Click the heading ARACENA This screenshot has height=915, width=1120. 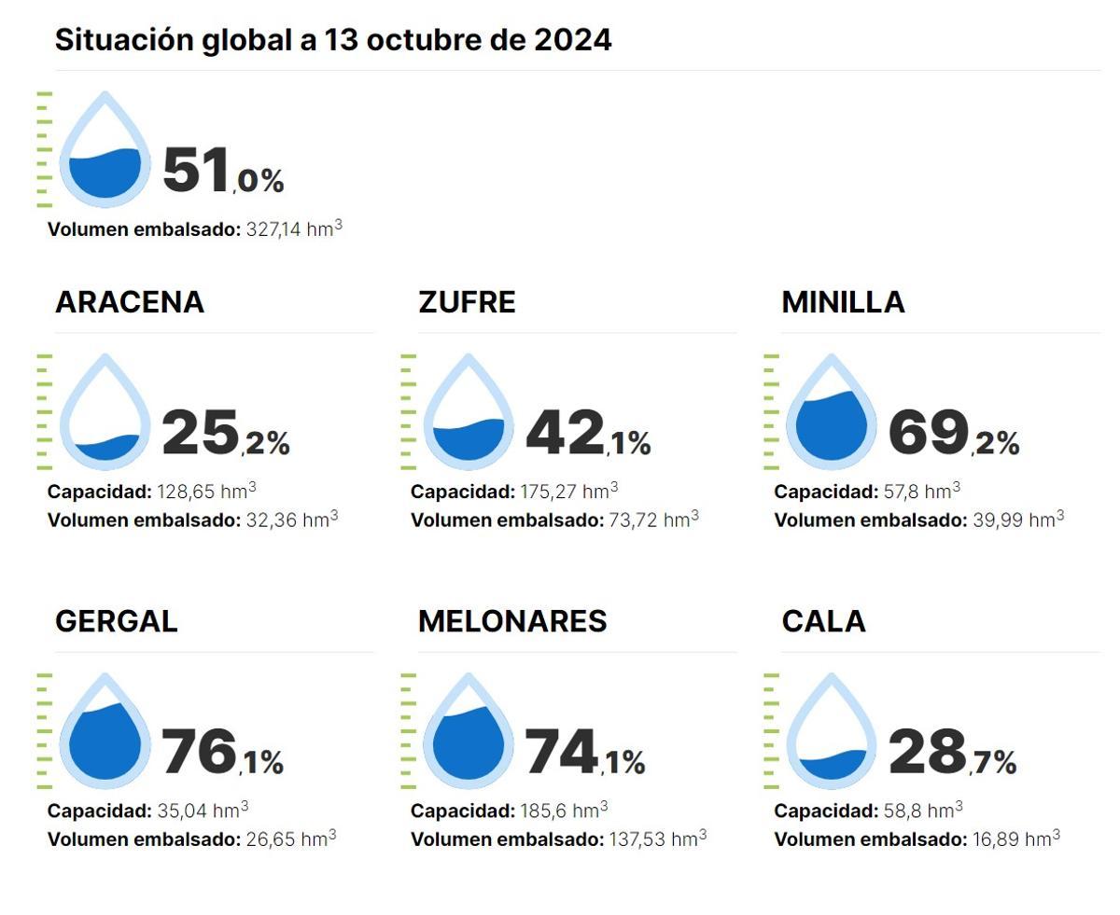click(x=129, y=302)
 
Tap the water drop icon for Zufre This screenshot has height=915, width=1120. click(x=469, y=414)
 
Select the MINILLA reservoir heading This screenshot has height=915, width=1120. click(x=843, y=302)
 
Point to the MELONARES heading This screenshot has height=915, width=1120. click(x=512, y=621)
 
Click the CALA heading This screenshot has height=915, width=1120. click(x=823, y=621)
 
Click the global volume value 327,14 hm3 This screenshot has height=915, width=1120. click(x=294, y=229)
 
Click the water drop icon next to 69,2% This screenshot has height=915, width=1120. click(x=831, y=414)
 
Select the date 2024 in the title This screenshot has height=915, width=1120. click(x=573, y=40)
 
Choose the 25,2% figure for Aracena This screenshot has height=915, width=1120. click(x=225, y=434)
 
